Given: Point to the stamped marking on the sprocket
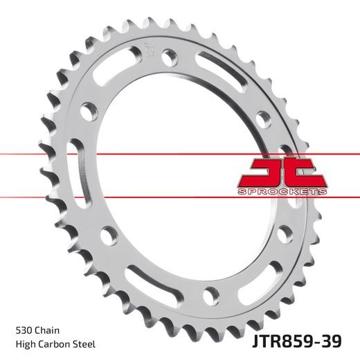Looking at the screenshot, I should tap(149, 50).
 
